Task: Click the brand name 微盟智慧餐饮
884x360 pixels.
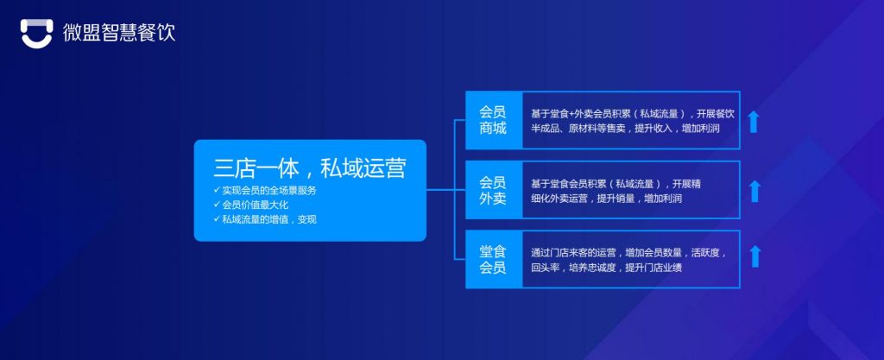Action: (118, 34)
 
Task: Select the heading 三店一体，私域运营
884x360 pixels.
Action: (309, 167)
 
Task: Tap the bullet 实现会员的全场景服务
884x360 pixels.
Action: (268, 190)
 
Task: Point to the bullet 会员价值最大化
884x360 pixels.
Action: (258, 205)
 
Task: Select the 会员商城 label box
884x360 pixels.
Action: (493, 120)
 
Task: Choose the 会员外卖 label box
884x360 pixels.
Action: (493, 190)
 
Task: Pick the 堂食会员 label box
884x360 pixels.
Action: (493, 260)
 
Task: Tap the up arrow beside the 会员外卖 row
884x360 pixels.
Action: (755, 191)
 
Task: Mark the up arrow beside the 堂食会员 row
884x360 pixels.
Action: (755, 256)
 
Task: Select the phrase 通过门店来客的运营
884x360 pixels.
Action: (573, 253)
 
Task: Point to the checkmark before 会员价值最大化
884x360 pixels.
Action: (216, 205)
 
